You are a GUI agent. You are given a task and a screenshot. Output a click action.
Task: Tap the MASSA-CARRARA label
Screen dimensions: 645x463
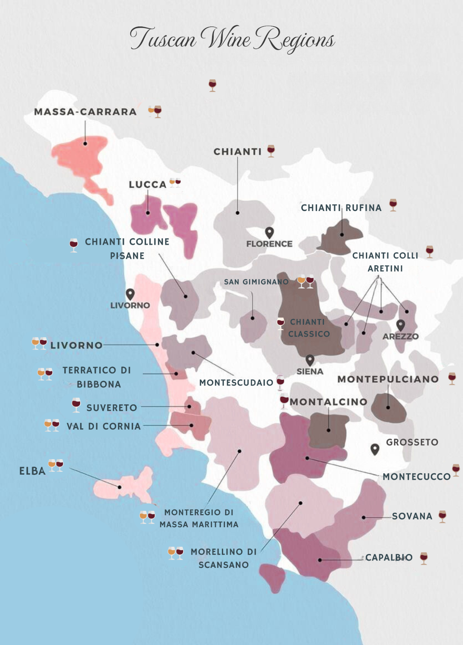[x=85, y=112]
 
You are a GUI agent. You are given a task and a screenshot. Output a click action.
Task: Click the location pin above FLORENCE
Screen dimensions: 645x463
[x=269, y=232]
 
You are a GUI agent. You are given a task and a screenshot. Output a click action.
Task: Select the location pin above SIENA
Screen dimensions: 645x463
[x=310, y=360]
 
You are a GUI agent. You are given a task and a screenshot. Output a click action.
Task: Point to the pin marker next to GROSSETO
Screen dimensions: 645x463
[x=375, y=449]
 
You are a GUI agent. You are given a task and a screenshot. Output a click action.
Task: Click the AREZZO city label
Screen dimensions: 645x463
[x=400, y=336]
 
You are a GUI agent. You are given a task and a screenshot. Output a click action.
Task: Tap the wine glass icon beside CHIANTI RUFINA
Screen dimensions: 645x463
[x=393, y=205]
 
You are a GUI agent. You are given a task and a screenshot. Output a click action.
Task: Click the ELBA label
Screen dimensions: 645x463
[x=32, y=471]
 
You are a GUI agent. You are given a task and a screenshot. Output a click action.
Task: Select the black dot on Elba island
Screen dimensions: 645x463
[x=119, y=487]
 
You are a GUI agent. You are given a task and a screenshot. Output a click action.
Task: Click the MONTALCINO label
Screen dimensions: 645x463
[x=329, y=402]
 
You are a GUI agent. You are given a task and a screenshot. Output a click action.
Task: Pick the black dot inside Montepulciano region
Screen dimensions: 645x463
[x=388, y=408]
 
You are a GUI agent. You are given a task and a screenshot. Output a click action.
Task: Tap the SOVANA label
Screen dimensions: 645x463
[x=412, y=516]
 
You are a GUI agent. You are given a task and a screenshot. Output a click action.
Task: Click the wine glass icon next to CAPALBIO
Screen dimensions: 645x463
[x=424, y=558]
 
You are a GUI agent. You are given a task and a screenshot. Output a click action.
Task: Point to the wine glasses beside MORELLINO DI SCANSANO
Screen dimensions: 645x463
[x=176, y=553]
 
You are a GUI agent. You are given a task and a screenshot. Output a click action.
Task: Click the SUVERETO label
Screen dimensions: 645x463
[x=112, y=408]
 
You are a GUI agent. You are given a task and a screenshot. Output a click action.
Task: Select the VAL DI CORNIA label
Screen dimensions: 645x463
[x=104, y=426]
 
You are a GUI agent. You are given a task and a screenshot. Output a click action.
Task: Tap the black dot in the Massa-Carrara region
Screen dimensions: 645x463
[x=85, y=144]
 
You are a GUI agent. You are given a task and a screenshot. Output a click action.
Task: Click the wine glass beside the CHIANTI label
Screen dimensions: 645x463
[x=271, y=151]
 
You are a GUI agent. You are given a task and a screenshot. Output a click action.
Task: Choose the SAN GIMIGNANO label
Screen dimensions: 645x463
[x=256, y=282]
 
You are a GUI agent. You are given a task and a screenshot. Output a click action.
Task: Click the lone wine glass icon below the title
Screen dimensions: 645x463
[x=212, y=86]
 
